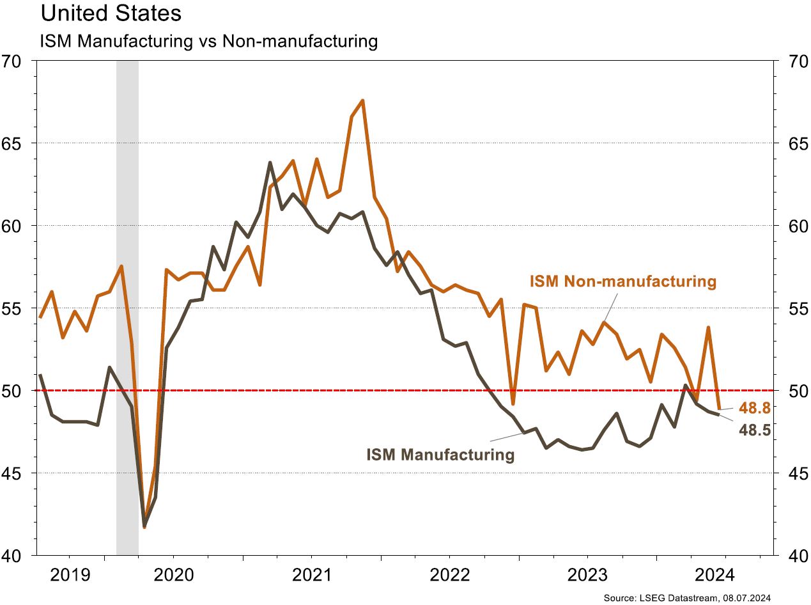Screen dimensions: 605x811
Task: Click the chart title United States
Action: pyautogui.click(x=111, y=13)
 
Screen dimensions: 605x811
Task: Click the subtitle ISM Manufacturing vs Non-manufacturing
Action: pyautogui.click(x=209, y=42)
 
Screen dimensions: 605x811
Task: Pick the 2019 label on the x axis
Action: pyautogui.click(x=70, y=573)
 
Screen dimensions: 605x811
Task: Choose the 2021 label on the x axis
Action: pyautogui.click(x=311, y=573)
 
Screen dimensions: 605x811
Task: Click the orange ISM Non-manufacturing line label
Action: pyautogui.click(x=622, y=281)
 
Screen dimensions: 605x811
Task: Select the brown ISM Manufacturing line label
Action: pyautogui.click(x=440, y=455)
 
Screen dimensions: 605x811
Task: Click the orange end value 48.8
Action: pyautogui.click(x=754, y=407)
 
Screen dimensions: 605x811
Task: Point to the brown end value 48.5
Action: pyautogui.click(x=754, y=430)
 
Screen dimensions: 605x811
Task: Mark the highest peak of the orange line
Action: pyautogui.click(x=362, y=100)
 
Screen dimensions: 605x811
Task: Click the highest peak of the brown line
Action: pyautogui.click(x=270, y=162)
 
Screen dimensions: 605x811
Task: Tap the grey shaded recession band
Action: pyautogui.click(x=127, y=307)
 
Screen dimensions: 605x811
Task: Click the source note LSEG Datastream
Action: pyautogui.click(x=687, y=597)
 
